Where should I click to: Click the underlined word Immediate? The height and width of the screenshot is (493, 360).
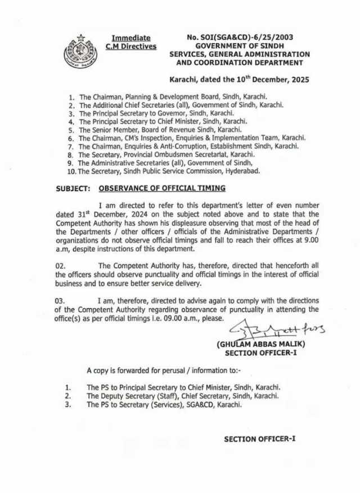coord(130,38)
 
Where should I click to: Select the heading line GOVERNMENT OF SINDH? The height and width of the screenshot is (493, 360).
coord(239,46)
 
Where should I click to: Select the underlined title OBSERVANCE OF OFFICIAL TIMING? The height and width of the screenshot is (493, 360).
coord(162,188)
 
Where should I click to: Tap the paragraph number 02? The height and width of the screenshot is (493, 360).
coord(61,265)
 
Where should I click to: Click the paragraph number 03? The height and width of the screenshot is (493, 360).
coord(61,301)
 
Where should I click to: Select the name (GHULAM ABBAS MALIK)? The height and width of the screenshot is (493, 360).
coord(256,345)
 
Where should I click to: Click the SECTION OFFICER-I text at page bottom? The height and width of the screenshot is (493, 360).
coord(259,438)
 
